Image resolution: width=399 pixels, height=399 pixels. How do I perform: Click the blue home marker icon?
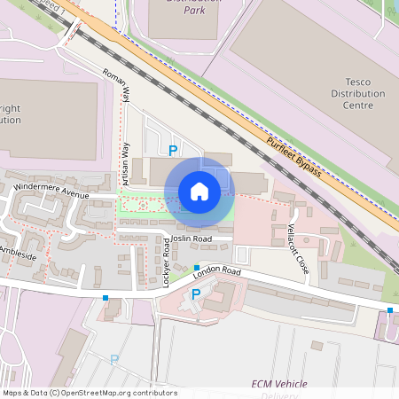[199, 191]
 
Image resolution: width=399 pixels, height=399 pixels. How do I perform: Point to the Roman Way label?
[117, 87]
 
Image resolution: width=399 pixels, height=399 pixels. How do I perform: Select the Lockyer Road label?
[166, 262]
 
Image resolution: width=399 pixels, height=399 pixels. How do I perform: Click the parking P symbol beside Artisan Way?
[173, 152]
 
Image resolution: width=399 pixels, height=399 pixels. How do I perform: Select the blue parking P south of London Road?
[196, 294]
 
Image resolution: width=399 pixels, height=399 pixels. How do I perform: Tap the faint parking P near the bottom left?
[113, 359]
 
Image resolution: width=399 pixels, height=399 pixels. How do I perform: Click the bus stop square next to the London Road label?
[196, 267]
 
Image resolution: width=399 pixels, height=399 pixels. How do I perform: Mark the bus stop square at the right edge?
[390, 309]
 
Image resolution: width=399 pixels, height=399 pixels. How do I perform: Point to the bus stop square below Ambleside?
[106, 298]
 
